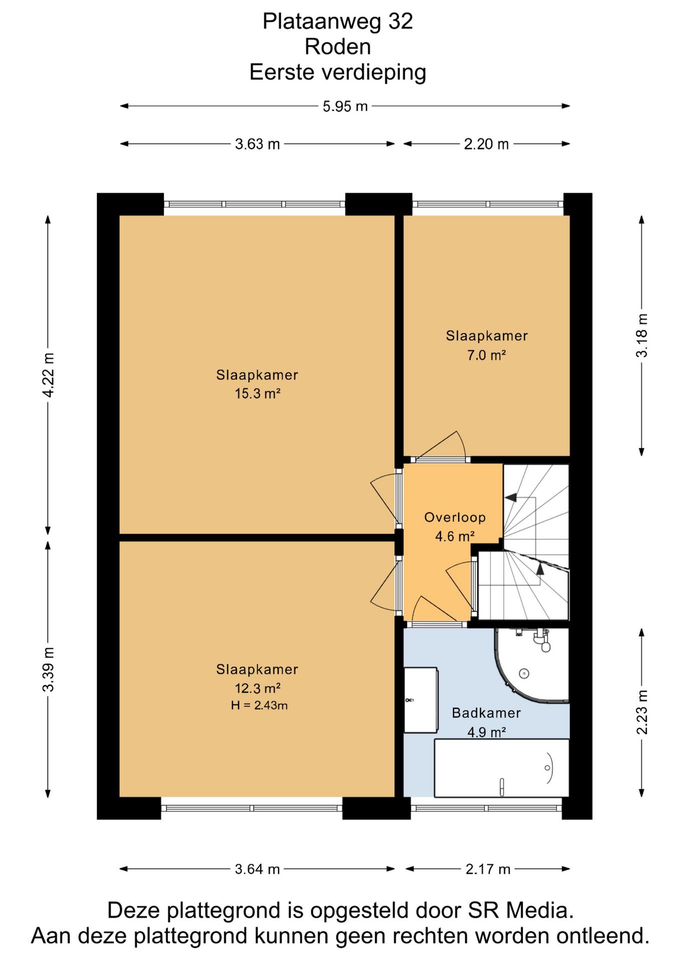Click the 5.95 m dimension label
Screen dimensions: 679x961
click(345, 106)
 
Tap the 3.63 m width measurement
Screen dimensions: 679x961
click(257, 144)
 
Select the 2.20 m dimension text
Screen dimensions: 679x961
click(486, 144)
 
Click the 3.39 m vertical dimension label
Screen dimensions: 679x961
click(48, 669)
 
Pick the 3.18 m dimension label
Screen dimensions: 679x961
click(642, 335)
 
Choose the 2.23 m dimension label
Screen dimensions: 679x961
click(642, 712)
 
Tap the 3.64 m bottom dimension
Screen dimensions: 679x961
click(257, 869)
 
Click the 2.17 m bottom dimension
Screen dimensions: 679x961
click(488, 869)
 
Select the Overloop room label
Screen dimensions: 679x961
click(455, 517)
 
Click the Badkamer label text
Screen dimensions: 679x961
click(486, 713)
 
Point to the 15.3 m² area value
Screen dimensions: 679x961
click(257, 393)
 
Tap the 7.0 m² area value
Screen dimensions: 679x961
click(486, 355)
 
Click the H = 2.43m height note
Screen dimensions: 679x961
click(259, 706)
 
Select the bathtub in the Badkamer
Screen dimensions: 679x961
click(501, 768)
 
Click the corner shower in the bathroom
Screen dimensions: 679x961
click(532, 665)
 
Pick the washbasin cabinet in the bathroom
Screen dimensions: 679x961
click(421, 700)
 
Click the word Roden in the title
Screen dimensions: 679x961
click(338, 47)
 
